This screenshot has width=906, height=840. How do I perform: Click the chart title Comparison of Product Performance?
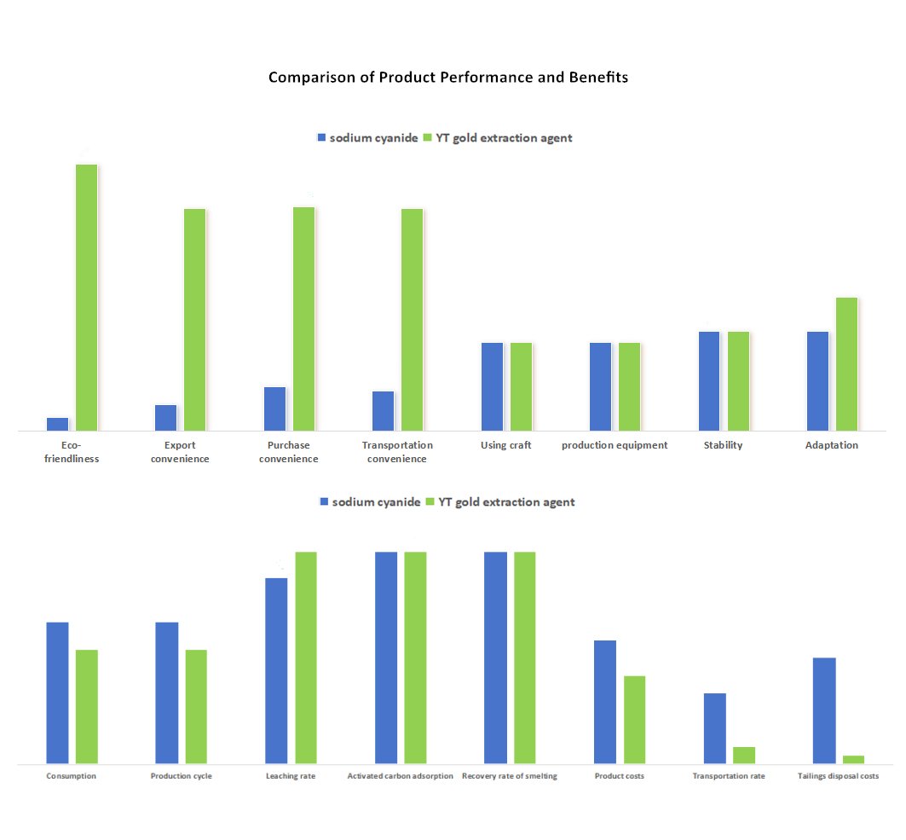(447, 77)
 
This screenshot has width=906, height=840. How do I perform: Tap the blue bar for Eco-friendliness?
(58, 424)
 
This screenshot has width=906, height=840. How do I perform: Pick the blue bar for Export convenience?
(166, 418)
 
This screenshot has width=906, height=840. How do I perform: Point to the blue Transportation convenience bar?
(384, 411)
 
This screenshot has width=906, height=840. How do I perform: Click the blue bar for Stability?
(710, 380)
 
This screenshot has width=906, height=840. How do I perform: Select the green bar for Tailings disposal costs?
(853, 759)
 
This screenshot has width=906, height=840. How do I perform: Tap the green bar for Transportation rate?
(744, 755)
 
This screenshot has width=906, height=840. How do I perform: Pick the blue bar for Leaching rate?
(276, 670)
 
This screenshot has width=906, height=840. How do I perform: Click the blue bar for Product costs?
(605, 701)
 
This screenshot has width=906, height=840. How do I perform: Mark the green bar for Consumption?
(87, 706)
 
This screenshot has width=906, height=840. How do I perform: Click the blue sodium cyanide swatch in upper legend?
(321, 137)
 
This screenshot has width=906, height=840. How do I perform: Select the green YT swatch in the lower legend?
(430, 501)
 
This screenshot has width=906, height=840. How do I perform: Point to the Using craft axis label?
(506, 445)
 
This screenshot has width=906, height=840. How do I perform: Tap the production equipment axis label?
(615, 445)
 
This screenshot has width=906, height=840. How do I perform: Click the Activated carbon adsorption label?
(401, 776)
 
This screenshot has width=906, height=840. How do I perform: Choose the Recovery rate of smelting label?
(510, 776)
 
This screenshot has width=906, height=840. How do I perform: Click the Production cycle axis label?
(181, 776)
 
